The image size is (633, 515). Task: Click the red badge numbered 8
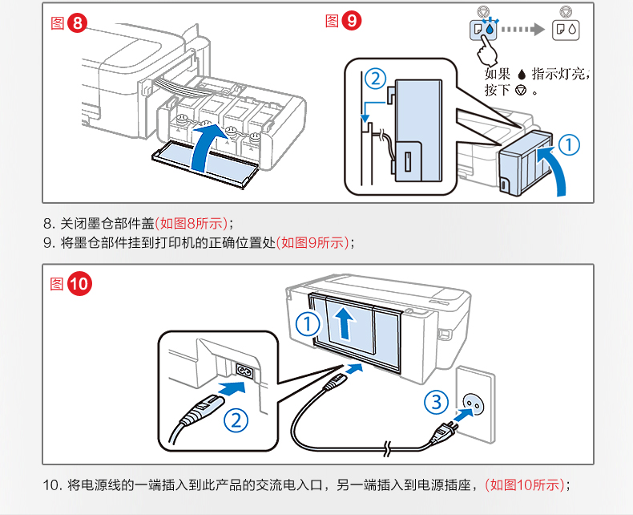[x=77, y=23]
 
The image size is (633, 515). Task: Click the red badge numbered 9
[x=351, y=22]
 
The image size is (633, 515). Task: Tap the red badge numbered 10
[x=79, y=285]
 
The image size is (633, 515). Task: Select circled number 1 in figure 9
[x=568, y=144]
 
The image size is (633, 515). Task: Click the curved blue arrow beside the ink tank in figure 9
[x=554, y=168]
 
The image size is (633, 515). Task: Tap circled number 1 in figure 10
[x=308, y=323]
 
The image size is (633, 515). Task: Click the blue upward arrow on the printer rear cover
[x=345, y=323]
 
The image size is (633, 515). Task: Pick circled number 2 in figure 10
[x=235, y=419]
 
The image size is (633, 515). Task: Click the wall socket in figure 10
[x=478, y=408]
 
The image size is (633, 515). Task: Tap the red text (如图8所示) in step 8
[x=192, y=222]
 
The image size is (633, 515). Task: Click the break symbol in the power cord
[x=387, y=445]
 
